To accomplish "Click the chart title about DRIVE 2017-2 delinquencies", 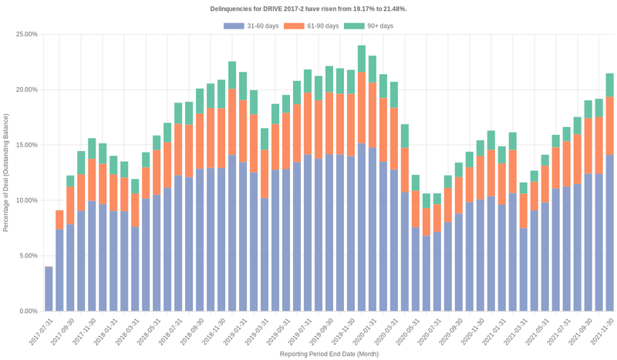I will pyautogui.click(x=308, y=8).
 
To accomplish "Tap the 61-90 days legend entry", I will pyautogui.click(x=311, y=26).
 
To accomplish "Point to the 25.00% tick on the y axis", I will pyautogui.click(x=26, y=35).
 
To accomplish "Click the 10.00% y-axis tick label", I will pyautogui.click(x=26, y=200).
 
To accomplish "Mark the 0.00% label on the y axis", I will pyautogui.click(x=28, y=311).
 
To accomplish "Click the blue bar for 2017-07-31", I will pyautogui.click(x=49, y=289).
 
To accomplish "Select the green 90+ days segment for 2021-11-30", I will pyautogui.click(x=609, y=85).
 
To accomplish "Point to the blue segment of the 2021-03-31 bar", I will pyautogui.click(x=524, y=269).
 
